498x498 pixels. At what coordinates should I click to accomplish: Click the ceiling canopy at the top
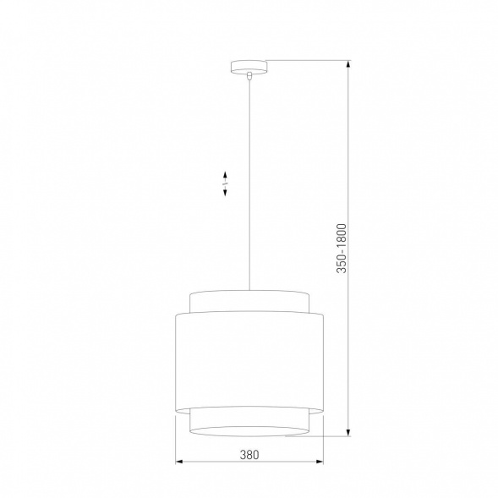[x=249, y=65]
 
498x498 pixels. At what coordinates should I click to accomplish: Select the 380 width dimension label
[x=249, y=454]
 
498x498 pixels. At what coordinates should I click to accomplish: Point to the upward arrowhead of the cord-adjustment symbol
[x=225, y=173]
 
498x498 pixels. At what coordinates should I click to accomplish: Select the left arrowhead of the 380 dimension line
[x=179, y=462]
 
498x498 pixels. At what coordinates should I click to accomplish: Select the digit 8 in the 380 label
[x=249, y=454]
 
